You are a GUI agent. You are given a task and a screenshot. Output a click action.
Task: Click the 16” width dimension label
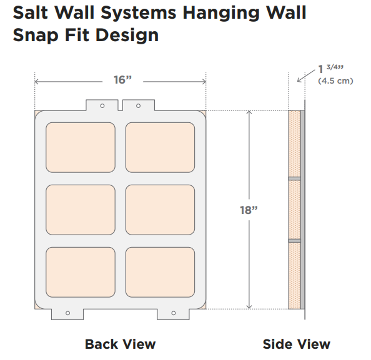(x=122, y=80)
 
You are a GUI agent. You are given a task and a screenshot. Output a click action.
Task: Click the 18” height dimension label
(x=249, y=210)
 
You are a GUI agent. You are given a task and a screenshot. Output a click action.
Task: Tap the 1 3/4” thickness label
(x=331, y=69)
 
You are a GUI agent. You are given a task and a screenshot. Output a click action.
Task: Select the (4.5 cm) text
(x=335, y=81)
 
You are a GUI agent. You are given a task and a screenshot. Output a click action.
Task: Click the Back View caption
(x=120, y=344)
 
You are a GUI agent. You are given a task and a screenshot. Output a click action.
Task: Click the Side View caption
(x=297, y=344)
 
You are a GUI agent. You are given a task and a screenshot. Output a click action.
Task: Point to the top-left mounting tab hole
(x=102, y=105)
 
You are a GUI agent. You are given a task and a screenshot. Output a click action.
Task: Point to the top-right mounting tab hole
(x=139, y=105)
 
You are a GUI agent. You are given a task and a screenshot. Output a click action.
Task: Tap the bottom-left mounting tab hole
(x=67, y=313)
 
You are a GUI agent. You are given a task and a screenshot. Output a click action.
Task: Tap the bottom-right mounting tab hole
(x=174, y=313)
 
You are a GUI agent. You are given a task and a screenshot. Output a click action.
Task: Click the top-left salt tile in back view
(x=81, y=147)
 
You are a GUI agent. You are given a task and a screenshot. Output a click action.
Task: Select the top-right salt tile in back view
(x=160, y=147)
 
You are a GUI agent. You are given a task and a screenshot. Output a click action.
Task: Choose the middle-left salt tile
(x=81, y=210)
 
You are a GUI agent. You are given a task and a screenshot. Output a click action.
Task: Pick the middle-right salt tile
(x=160, y=210)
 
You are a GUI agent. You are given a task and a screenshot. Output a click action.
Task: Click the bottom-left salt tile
(x=81, y=272)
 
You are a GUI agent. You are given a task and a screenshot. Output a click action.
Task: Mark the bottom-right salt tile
(x=160, y=272)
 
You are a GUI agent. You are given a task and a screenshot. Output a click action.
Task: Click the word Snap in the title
(x=36, y=36)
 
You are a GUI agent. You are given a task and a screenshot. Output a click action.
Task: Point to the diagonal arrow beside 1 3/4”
(x=306, y=75)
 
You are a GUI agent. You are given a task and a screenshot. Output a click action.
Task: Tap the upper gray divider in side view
(x=295, y=178)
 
